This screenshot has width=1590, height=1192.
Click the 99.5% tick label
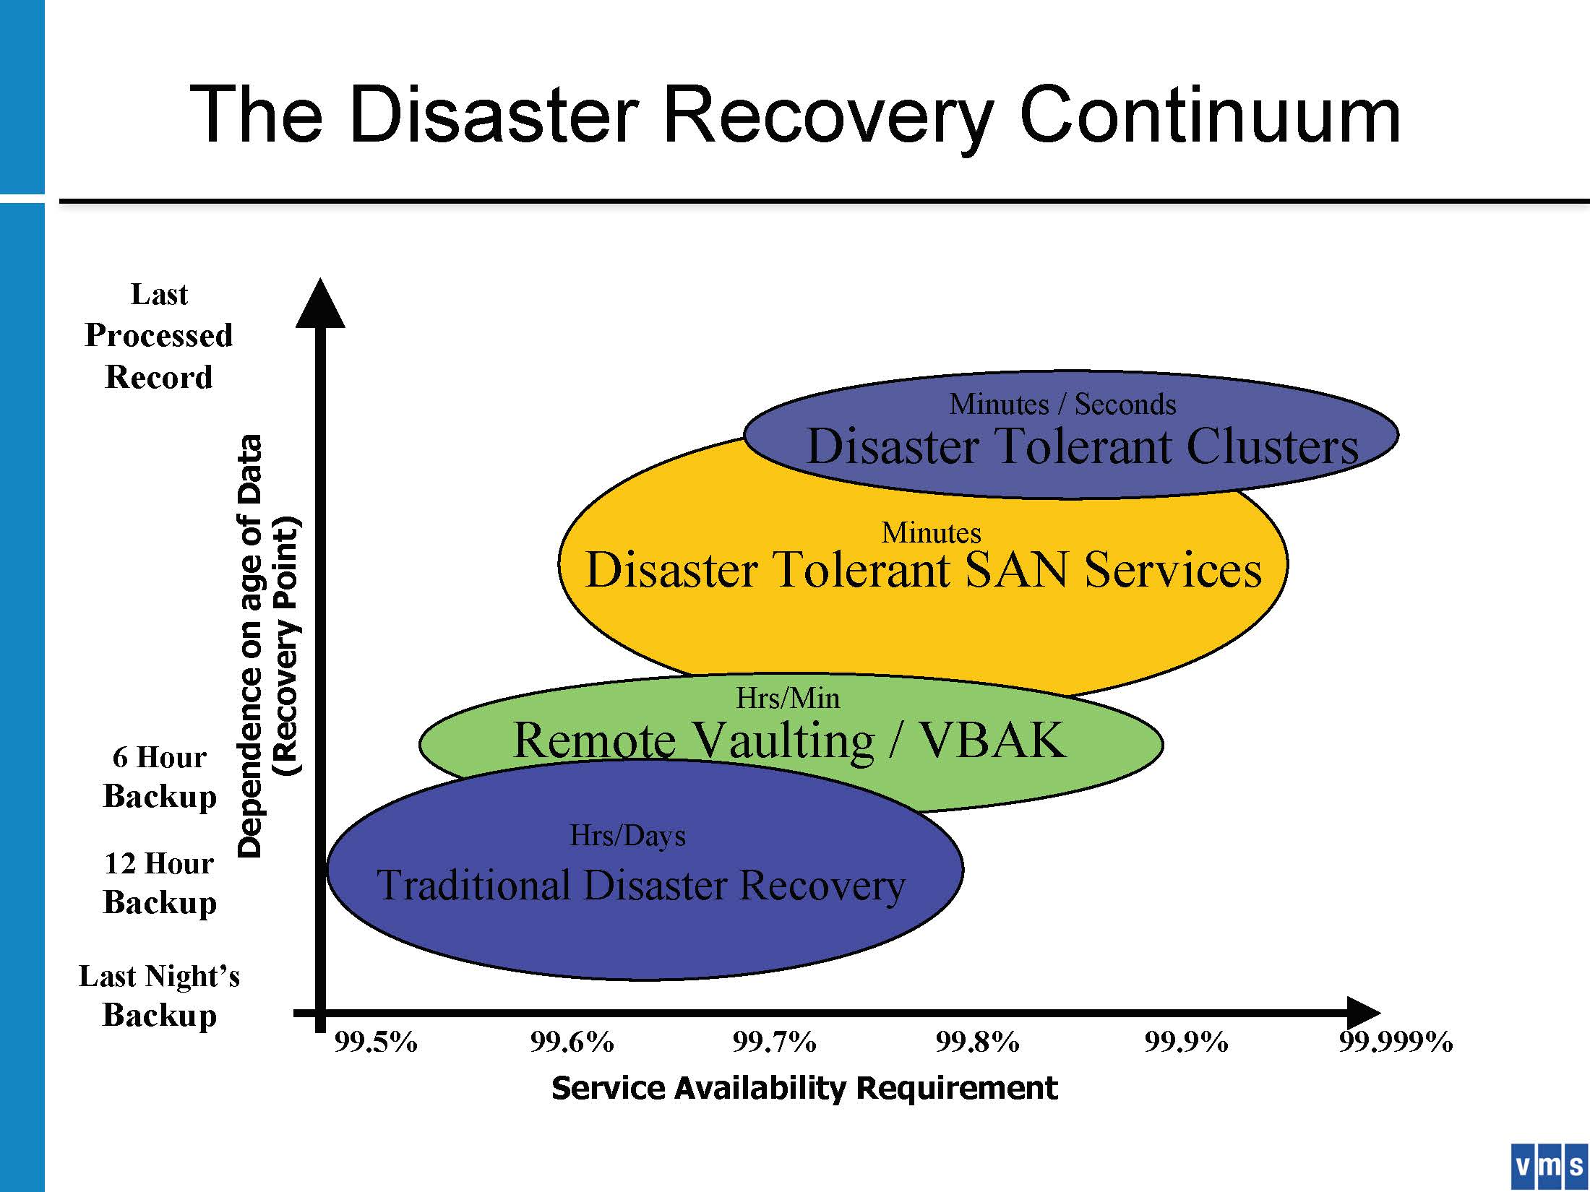[376, 1042]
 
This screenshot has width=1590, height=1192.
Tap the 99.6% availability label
[572, 1042]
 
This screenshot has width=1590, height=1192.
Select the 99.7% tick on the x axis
[774, 1042]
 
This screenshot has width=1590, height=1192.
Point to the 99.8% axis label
[977, 1042]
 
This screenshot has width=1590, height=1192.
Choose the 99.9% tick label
[1186, 1042]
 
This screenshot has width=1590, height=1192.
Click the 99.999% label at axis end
[1396, 1042]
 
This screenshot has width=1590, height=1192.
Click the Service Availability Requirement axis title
[804, 1088]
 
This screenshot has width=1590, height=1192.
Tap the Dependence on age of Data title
[250, 646]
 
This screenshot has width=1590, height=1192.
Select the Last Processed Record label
[159, 336]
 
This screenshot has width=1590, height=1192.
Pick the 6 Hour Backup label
[160, 777]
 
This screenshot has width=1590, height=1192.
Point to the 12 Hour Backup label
[160, 884]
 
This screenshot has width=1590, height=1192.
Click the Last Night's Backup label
[159, 996]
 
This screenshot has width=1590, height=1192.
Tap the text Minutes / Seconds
[1062, 404]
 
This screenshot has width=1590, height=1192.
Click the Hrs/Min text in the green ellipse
[788, 698]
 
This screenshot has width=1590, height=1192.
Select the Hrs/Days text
[627, 836]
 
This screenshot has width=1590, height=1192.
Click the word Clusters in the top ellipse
[1273, 446]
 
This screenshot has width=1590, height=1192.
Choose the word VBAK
[992, 740]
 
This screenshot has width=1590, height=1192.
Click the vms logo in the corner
[1549, 1167]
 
